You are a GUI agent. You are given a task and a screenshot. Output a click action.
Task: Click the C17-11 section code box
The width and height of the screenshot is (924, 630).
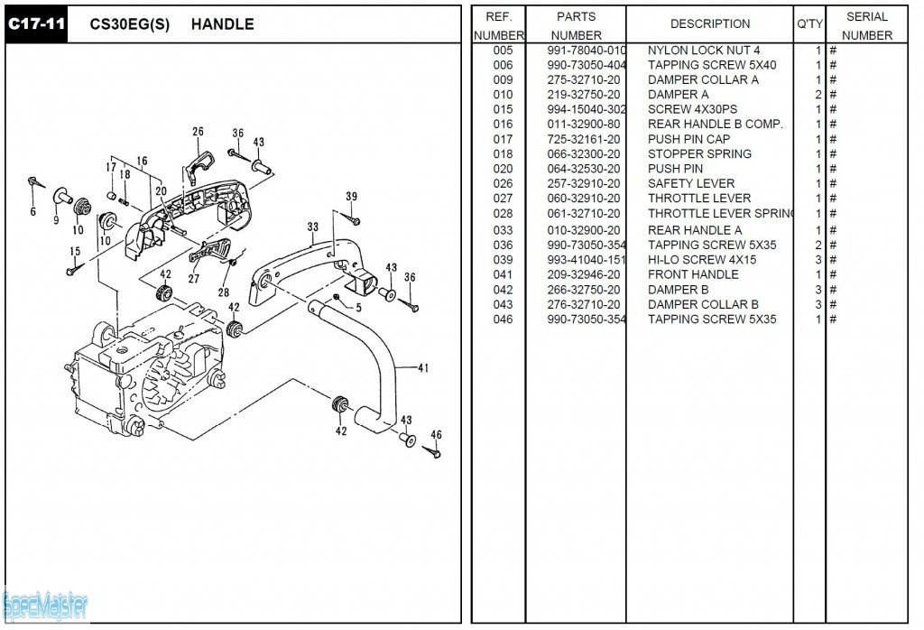coord(36,24)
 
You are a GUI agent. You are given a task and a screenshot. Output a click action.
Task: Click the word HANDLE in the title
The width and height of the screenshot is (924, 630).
coord(222,24)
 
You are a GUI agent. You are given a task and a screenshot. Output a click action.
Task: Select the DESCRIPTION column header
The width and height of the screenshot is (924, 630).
coord(709,24)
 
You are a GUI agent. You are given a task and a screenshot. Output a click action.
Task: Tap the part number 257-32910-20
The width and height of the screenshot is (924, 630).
coord(583,183)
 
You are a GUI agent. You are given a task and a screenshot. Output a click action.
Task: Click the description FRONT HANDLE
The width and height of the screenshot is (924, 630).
coord(693,274)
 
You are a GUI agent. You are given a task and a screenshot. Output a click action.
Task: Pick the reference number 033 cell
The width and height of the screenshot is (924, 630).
coord(503,230)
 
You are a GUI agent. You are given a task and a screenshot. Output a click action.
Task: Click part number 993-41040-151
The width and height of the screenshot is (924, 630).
coord(586,260)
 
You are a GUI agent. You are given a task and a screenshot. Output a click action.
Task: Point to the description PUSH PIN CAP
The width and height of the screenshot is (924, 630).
coord(689,139)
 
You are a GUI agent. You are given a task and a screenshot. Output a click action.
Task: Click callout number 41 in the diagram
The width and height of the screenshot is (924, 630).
coord(423,367)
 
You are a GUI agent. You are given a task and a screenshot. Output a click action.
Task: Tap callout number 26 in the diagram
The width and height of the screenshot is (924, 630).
coord(198,132)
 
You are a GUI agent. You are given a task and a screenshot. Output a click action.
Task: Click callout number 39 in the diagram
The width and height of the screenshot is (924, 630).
coord(351,197)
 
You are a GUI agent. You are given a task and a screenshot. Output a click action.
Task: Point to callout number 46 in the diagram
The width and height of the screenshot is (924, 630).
coord(436,434)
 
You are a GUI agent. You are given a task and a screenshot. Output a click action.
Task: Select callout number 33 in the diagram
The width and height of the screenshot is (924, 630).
coord(312,227)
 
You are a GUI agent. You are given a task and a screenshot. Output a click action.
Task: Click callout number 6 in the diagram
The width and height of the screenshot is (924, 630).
coord(32,212)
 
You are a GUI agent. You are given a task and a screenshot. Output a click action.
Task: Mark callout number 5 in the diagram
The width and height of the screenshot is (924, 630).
coord(358,308)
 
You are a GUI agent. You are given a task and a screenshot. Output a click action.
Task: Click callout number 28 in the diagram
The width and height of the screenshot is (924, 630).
coord(224,292)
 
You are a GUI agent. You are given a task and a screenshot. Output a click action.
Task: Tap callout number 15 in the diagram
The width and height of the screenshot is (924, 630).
coord(75,252)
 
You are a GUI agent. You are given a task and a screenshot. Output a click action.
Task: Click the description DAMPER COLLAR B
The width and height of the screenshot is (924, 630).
coord(703,304)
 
